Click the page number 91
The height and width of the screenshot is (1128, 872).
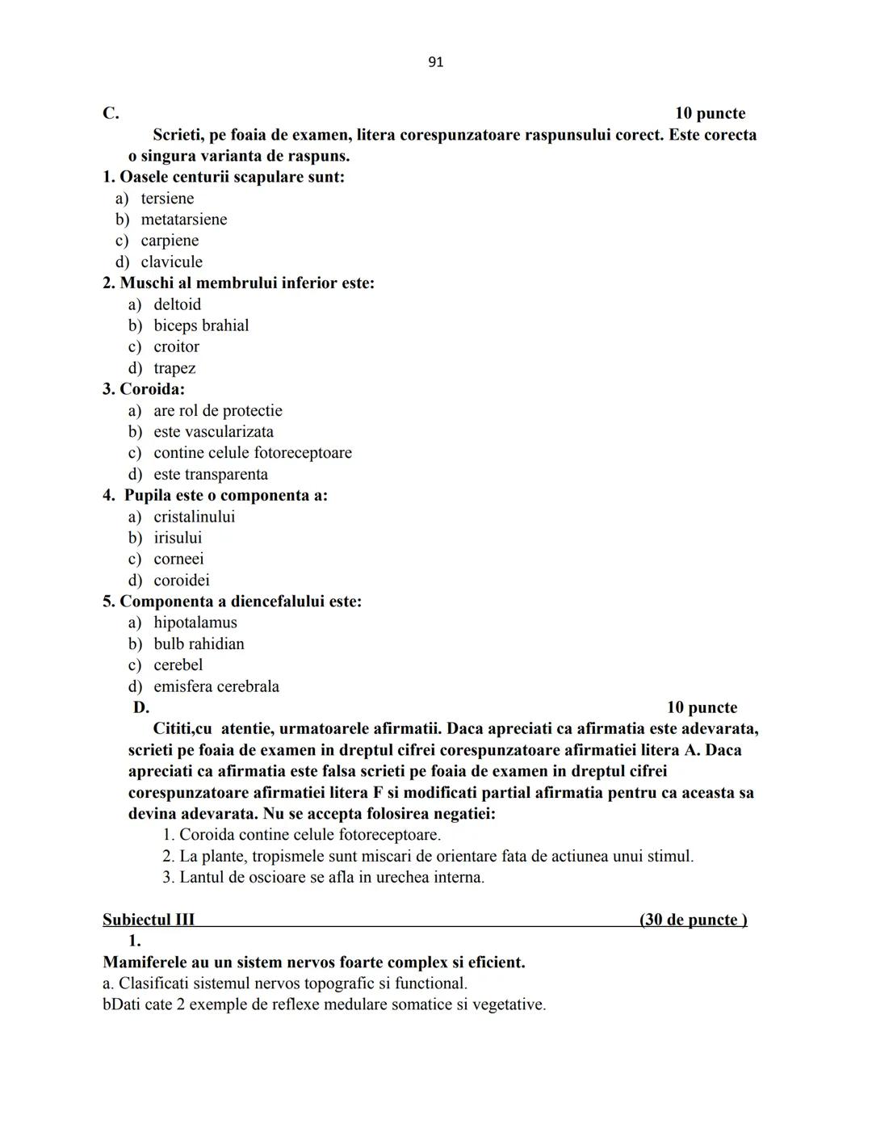click(x=435, y=62)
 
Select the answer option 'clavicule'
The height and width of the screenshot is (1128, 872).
click(x=171, y=262)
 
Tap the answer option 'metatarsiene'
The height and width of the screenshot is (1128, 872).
click(x=183, y=220)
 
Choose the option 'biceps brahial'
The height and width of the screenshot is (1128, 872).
click(x=201, y=325)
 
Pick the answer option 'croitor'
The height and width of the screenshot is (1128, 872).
click(x=176, y=346)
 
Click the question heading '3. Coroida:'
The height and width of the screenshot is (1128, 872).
click(x=143, y=389)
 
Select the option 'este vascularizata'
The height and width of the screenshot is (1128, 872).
click(x=213, y=432)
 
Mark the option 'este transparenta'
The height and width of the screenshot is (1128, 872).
click(x=210, y=474)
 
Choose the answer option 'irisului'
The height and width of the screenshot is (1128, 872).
click(x=178, y=538)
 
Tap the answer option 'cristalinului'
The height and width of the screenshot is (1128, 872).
click(x=194, y=517)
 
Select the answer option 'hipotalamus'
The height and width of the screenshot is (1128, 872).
click(x=195, y=623)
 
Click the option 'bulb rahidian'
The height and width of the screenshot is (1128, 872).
click(x=199, y=644)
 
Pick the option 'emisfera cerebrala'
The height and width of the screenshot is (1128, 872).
click(x=216, y=686)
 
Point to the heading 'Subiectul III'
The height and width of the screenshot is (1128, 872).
click(x=149, y=920)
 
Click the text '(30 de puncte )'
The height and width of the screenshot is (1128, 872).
click(x=693, y=920)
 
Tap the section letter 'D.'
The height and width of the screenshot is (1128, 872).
click(x=141, y=707)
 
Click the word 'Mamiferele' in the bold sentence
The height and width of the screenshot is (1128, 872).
click(x=145, y=962)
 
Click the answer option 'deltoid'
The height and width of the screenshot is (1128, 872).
click(x=177, y=304)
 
